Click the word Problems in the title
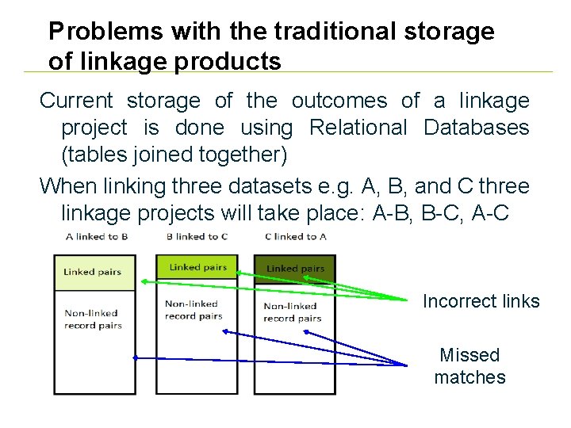pyautogui.click(x=88, y=32)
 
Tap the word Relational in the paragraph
pyautogui.click(x=358, y=127)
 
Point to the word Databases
pyautogui.click(x=476, y=127)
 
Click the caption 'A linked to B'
pyautogui.click(x=97, y=236)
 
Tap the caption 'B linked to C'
pyautogui.click(x=197, y=236)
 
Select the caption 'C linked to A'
pyautogui.click(x=295, y=236)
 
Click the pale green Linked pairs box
pyautogui.click(x=94, y=273)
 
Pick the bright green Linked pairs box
pyautogui.click(x=197, y=267)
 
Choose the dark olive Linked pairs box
pyautogui.click(x=295, y=269)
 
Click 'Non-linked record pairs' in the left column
pyautogui.click(x=93, y=319)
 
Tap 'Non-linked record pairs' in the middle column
pyautogui.click(x=193, y=310)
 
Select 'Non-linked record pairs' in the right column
pyautogui.click(x=292, y=312)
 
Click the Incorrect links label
pyautogui.click(x=481, y=301)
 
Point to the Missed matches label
pyautogui.click(x=469, y=366)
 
